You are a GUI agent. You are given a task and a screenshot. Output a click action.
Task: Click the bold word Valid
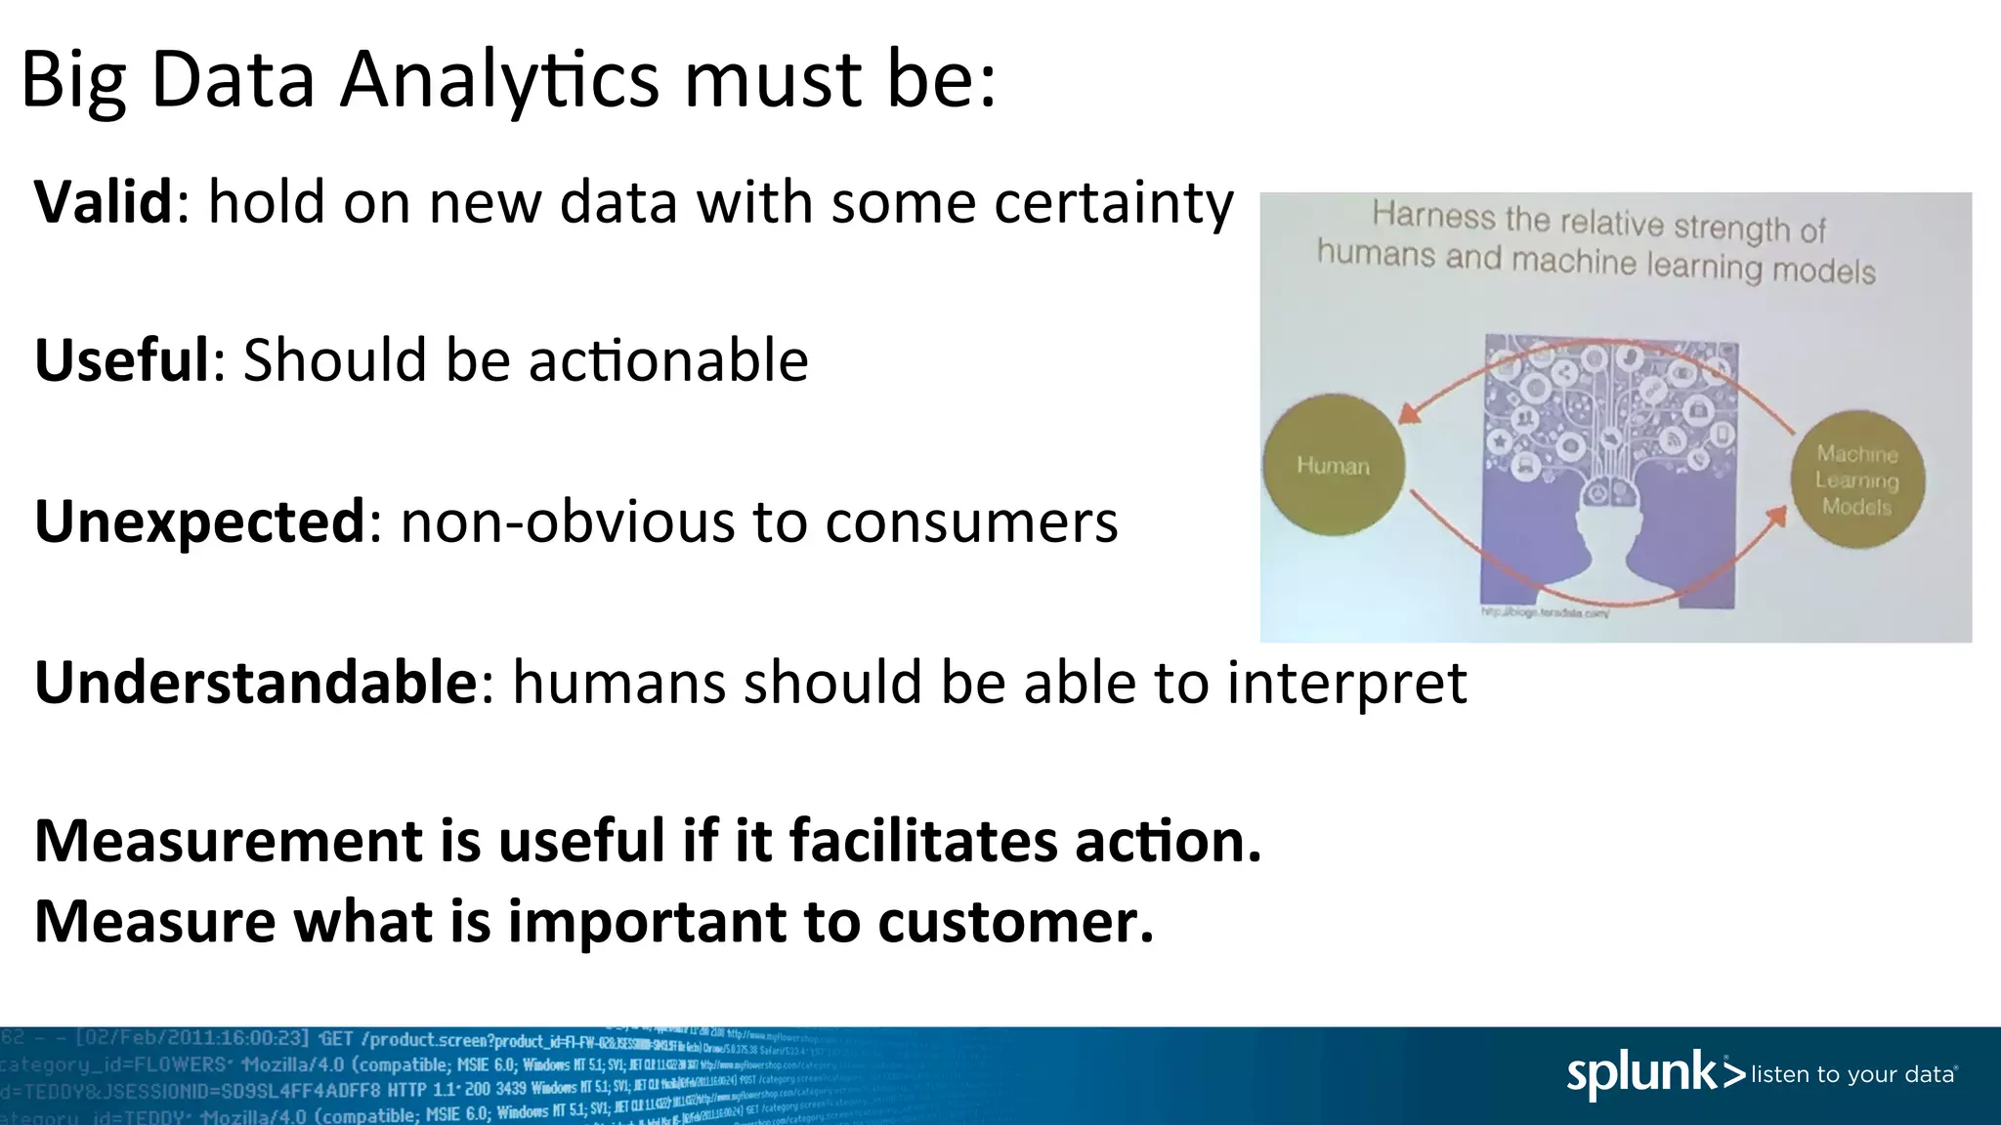coord(104,202)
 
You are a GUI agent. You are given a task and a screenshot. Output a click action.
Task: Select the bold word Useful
coord(122,360)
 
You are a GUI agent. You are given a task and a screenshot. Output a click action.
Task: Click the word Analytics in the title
coord(499,80)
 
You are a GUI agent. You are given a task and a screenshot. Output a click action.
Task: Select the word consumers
coord(971,521)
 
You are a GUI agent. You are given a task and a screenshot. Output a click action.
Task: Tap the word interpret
coord(1347,682)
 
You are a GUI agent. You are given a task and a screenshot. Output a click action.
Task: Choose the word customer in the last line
coord(1015,921)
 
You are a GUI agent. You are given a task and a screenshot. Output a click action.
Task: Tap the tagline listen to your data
coord(1854,1075)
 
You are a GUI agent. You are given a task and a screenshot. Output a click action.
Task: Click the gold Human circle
coord(1334,466)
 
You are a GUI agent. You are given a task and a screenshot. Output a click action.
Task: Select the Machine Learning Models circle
coord(1857,479)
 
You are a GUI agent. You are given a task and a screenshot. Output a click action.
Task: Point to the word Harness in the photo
coord(1432,215)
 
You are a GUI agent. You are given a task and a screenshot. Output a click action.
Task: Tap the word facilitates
coord(923,841)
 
